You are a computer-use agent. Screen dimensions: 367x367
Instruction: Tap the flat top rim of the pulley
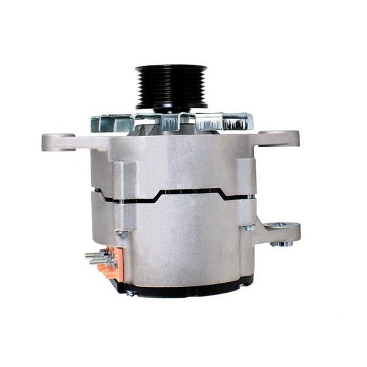(171, 67)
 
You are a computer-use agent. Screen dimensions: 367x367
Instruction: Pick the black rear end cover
(183, 289)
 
